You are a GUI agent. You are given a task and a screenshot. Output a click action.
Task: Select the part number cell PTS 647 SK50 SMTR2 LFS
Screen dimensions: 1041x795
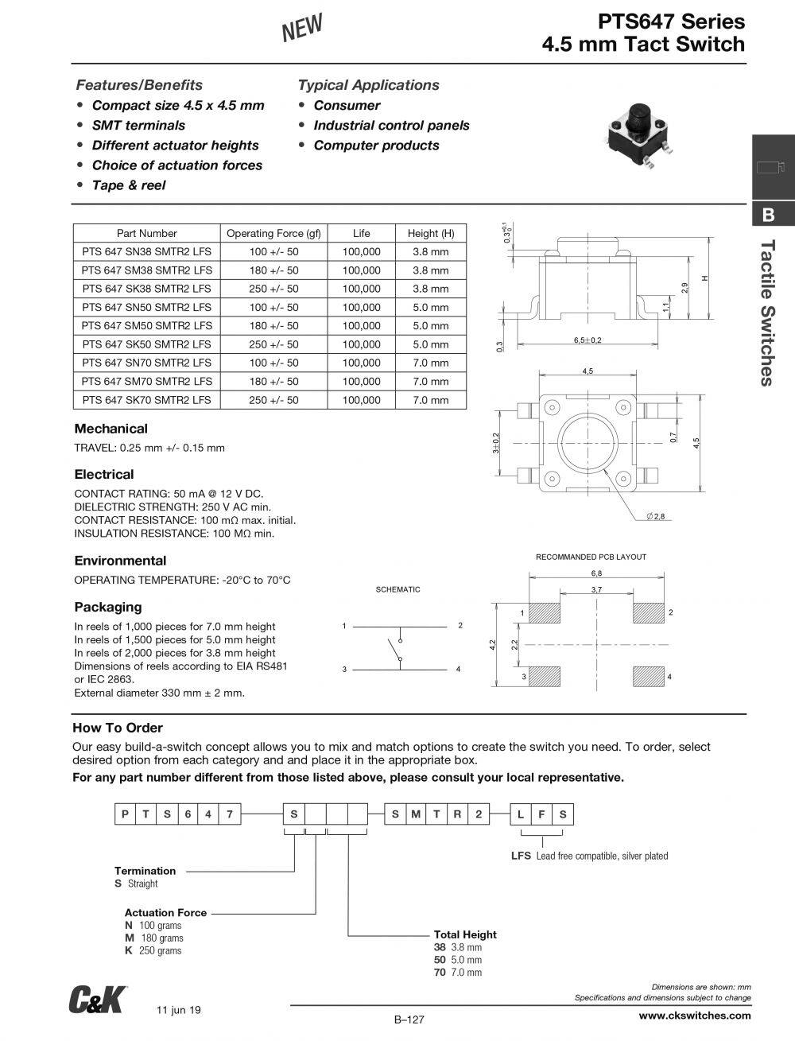146,344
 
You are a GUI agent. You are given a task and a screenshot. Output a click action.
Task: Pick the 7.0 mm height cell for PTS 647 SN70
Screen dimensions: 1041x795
430,363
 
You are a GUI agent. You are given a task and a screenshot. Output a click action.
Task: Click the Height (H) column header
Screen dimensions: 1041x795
430,233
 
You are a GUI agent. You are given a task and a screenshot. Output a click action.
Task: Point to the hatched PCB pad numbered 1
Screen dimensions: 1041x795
544,612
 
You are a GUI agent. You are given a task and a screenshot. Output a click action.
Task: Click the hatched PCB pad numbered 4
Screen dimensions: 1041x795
648,676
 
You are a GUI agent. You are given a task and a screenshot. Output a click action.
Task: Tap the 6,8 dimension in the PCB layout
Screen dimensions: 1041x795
596,573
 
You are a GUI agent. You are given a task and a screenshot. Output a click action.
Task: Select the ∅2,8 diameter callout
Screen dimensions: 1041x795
657,517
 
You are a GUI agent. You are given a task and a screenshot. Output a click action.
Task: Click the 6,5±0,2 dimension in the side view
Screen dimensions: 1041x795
588,340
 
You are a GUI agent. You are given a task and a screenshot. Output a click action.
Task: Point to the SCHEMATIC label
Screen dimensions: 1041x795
397,589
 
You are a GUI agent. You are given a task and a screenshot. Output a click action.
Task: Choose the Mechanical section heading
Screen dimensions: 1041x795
111,429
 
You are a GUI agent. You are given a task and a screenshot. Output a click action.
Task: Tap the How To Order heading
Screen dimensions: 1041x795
118,728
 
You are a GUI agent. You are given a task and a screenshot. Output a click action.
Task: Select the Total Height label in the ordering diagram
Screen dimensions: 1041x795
465,934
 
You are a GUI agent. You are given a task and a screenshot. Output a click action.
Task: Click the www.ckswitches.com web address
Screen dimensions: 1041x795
694,1016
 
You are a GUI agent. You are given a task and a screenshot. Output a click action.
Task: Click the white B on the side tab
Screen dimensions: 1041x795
768,215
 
